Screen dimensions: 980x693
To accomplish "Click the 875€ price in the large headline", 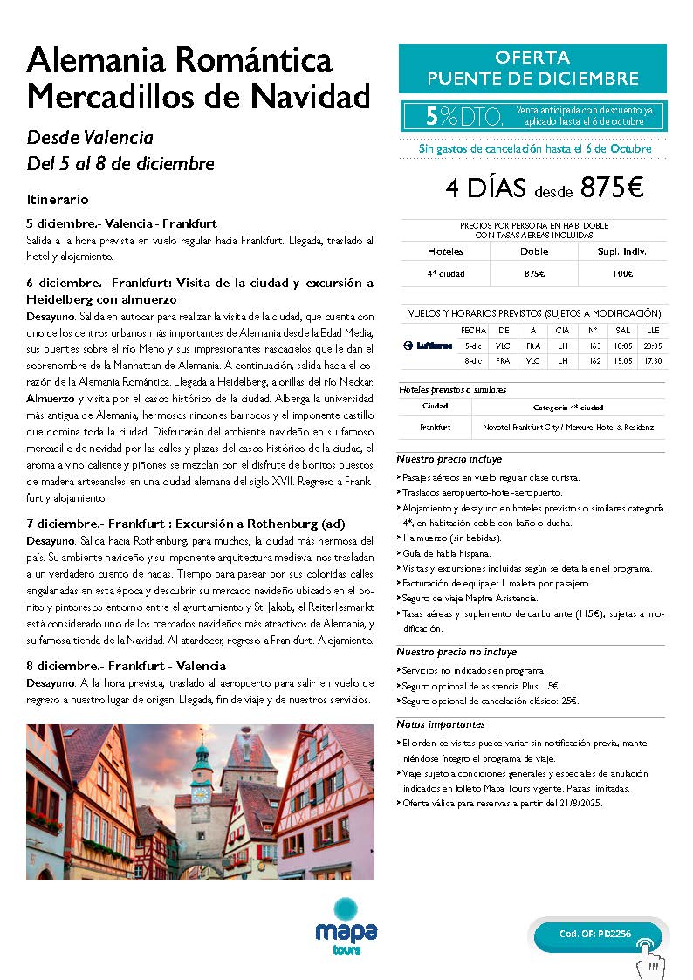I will pyautogui.click(x=611, y=188).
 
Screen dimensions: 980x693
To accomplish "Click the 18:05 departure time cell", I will pyautogui.click(x=621, y=346).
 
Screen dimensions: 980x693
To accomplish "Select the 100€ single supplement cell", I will pyautogui.click(x=621, y=274).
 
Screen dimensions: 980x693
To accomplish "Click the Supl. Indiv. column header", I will pyautogui.click(x=621, y=251).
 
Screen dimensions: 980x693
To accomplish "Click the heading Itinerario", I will pyautogui.click(x=58, y=200).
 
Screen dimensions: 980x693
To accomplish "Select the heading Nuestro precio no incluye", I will pyautogui.click(x=456, y=652).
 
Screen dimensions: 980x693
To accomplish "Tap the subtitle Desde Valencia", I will pyautogui.click(x=90, y=138).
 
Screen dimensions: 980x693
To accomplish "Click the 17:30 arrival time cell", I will pyautogui.click(x=652, y=360).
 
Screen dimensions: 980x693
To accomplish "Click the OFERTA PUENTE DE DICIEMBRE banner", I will pyautogui.click(x=532, y=68).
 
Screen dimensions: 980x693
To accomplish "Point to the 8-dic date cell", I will pyautogui.click(x=473, y=360).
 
